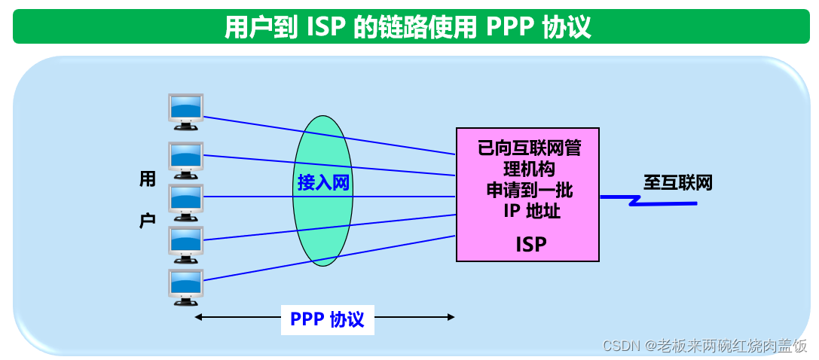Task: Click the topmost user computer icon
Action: point(185,108)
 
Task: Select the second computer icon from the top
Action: point(185,156)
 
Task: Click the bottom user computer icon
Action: point(185,286)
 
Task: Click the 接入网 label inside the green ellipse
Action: point(323,183)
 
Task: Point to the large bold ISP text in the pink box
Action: point(530,244)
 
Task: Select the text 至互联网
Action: point(677,183)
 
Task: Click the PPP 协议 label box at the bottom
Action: point(327,319)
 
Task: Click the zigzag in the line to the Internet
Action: point(638,201)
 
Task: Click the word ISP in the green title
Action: point(325,27)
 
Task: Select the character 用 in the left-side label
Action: point(148,178)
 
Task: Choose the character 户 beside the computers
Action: point(148,220)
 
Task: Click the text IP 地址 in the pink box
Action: point(532,210)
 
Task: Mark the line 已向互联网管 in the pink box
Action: point(529,148)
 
